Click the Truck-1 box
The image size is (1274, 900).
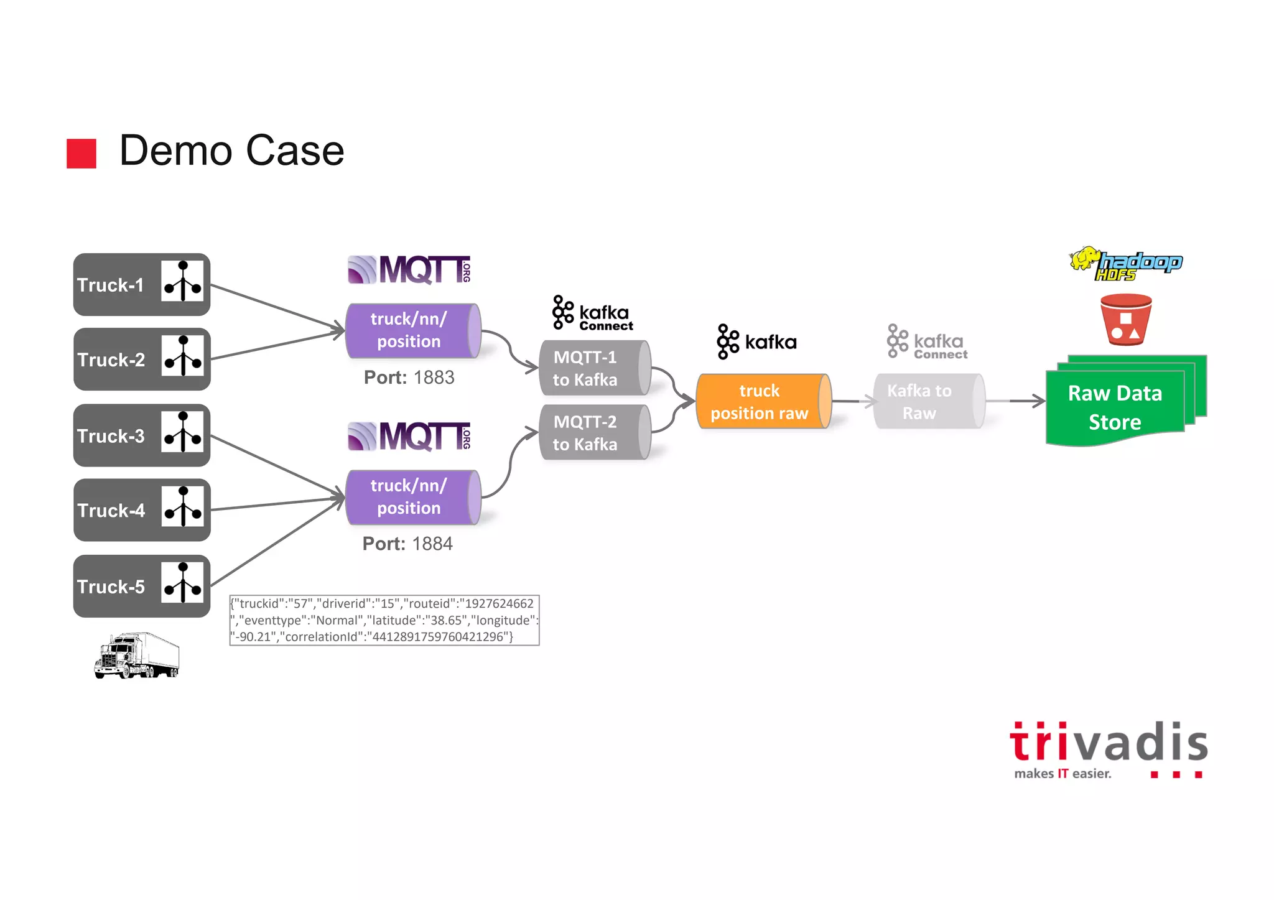(x=141, y=284)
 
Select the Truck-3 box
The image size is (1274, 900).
(x=141, y=435)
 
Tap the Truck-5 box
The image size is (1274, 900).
(x=141, y=586)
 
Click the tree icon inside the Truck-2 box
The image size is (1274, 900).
(x=182, y=356)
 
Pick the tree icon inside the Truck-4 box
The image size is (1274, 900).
(x=182, y=506)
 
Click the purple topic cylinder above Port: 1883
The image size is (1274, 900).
(x=412, y=330)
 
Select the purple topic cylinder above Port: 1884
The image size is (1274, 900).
(x=412, y=497)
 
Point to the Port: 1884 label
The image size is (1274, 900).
(x=407, y=544)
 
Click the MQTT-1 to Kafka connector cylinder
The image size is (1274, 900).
(x=593, y=368)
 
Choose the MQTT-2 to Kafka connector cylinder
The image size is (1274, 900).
(x=593, y=433)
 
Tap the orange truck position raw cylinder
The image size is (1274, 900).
(x=763, y=402)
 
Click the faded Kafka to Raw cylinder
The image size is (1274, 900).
(x=928, y=402)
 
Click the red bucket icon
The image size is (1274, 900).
(x=1125, y=319)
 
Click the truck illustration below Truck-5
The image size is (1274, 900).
(x=137, y=656)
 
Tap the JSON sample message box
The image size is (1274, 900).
(x=384, y=620)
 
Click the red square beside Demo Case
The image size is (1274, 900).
(x=81, y=153)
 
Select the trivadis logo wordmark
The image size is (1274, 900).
(x=1109, y=743)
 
